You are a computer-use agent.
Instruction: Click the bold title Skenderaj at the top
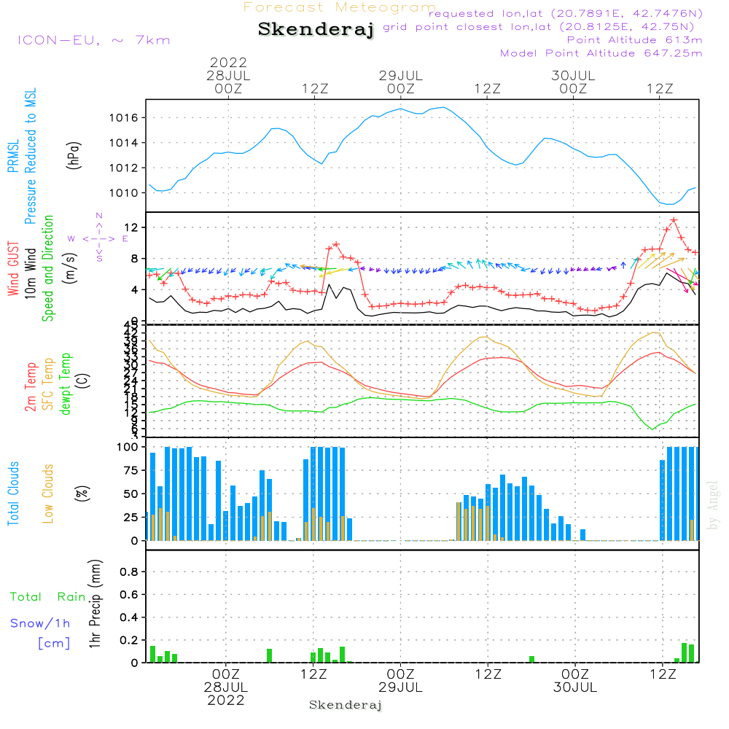pos(316,30)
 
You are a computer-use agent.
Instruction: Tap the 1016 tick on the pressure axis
pos(128,118)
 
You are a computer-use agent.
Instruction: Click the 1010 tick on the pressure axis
pos(128,193)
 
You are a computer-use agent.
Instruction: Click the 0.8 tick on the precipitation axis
pos(130,572)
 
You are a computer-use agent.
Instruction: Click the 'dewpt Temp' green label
pos(66,384)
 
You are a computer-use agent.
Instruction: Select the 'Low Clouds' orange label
pos(48,493)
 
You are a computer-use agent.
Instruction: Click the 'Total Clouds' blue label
pos(13,493)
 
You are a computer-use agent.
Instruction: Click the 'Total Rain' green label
pos(47,597)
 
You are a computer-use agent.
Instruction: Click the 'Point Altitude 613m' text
pos(634,40)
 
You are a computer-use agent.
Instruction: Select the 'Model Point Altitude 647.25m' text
pos(601,53)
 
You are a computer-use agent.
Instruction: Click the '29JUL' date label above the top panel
pos(400,75)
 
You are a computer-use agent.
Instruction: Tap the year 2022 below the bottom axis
pos(226,700)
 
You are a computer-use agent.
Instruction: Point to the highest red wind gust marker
pos(674,219)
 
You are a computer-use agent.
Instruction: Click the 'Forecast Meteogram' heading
pos(340,7)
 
